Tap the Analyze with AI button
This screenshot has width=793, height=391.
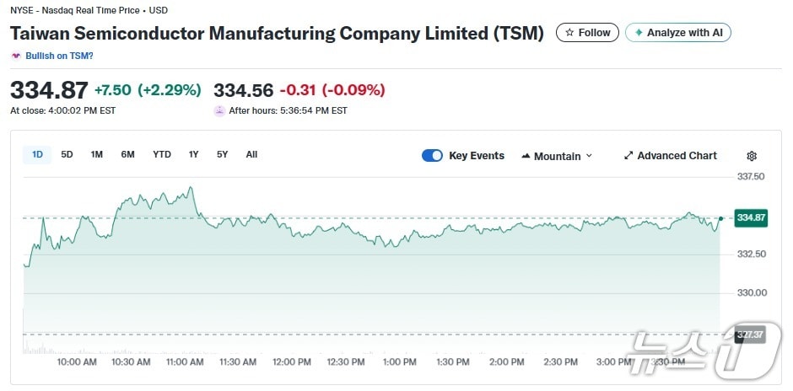677,33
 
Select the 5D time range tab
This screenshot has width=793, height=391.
67,154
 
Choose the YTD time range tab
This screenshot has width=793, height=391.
161,154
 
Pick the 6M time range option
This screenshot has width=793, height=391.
127,154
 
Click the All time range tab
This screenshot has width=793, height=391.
251,154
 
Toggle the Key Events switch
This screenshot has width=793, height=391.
432,156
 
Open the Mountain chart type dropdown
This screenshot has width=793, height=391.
557,156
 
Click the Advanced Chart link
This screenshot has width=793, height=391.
670,156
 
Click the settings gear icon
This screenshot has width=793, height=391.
752,156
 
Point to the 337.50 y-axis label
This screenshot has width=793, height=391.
750,177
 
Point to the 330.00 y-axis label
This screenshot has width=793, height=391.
750,293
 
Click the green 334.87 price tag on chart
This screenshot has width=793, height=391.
751,217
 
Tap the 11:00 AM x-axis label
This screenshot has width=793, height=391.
185,362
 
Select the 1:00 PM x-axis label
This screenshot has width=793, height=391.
399,362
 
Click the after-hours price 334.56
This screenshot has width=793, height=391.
243,90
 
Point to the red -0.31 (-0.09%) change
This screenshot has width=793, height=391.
332,90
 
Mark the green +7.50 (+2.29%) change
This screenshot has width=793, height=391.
148,90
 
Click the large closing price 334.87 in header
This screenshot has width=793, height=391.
49,90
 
